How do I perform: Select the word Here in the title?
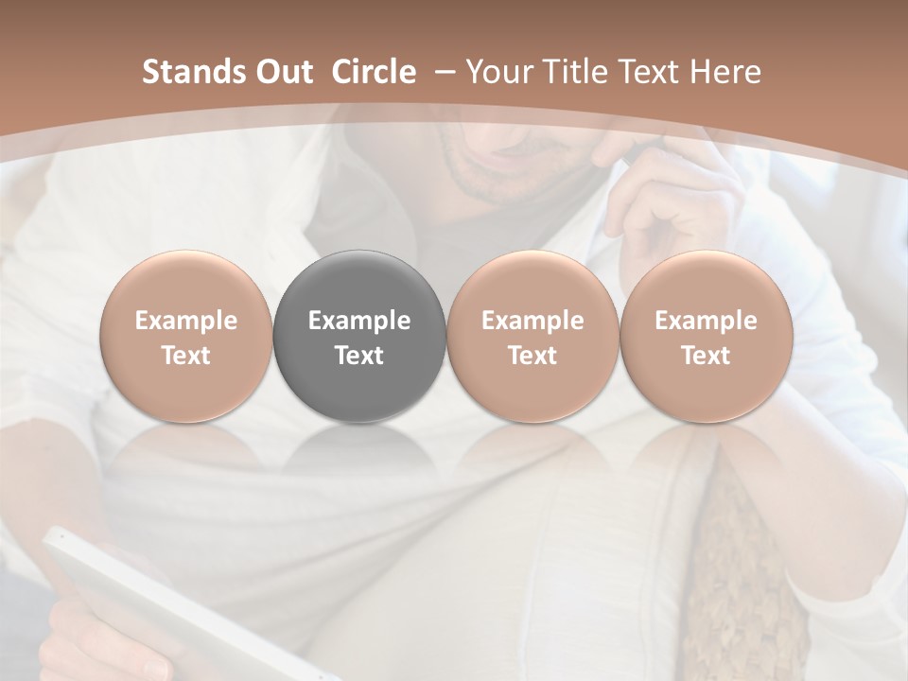click(726, 72)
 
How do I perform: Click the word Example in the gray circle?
click(359, 321)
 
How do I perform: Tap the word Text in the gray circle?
click(359, 356)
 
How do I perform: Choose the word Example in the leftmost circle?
click(186, 321)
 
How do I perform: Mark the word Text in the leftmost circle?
click(186, 356)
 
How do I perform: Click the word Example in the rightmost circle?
click(706, 321)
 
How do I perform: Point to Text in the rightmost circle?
click(706, 356)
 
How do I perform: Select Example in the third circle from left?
click(533, 321)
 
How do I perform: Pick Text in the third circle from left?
click(533, 356)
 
